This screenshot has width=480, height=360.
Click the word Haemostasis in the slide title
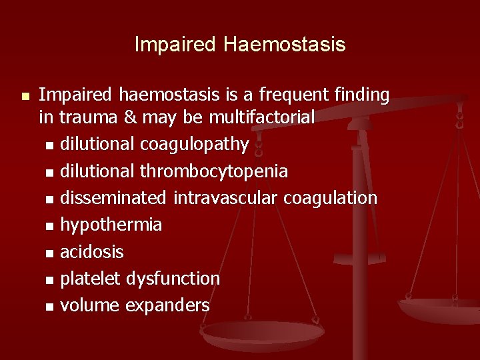(x=285, y=45)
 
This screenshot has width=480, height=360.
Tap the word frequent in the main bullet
(x=289, y=95)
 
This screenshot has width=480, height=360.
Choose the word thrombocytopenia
(x=214, y=171)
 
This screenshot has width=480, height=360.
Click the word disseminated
(x=114, y=198)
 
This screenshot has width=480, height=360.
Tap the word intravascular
(x=226, y=198)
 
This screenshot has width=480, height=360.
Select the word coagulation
(x=330, y=198)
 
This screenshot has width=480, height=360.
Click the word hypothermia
(x=111, y=225)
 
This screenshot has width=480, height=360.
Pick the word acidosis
(x=92, y=252)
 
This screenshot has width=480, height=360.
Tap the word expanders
(x=173, y=306)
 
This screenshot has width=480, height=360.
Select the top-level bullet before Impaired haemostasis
(x=25, y=97)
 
